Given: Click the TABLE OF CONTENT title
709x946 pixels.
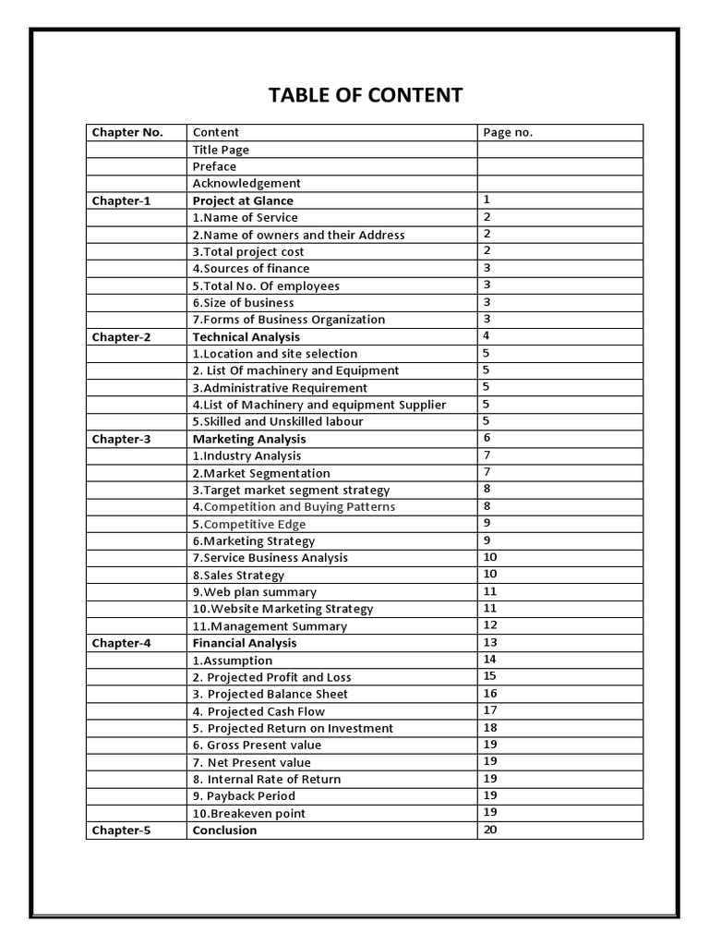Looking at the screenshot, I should [366, 95].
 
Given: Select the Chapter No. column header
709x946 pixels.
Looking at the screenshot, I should [127, 132].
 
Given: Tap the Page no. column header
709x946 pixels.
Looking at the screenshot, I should [508, 132].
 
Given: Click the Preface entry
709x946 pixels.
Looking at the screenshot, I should [214, 166].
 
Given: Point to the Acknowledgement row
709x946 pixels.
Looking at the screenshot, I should [246, 183].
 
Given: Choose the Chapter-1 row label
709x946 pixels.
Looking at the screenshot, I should [121, 200].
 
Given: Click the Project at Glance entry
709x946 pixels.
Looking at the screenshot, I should [243, 200].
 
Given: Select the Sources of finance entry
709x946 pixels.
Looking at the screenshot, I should [251, 269].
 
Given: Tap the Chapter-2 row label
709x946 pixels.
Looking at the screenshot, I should [121, 337].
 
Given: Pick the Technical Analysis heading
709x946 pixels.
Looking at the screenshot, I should [246, 337].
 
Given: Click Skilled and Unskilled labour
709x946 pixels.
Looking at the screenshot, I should [278, 421].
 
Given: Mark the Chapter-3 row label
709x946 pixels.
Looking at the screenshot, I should [121, 439].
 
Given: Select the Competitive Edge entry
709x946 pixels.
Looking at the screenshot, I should [249, 524].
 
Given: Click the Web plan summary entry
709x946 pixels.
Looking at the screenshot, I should [255, 592].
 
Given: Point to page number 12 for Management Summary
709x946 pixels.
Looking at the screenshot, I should [490, 625].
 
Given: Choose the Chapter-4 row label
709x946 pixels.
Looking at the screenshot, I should [121, 643].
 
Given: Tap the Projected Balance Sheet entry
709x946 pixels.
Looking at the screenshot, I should [270, 694].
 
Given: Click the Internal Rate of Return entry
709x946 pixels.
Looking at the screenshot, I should [267, 779].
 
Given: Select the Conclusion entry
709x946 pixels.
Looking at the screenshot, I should [225, 830].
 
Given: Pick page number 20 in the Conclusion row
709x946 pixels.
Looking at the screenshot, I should [490, 830].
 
